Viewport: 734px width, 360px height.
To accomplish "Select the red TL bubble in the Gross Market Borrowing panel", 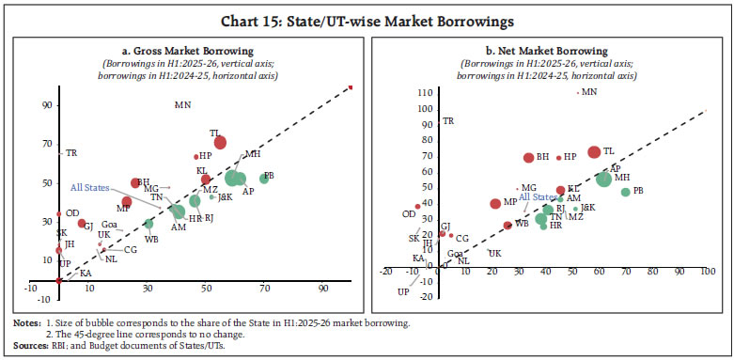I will click(x=220, y=142).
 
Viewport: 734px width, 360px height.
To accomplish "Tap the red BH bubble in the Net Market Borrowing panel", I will click(x=528, y=158).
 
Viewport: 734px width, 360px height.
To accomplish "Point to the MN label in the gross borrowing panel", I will click(x=182, y=104).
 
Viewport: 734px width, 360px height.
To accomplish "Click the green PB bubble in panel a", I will click(x=264, y=179).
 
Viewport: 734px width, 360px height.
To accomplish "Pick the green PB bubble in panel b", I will click(x=625, y=192).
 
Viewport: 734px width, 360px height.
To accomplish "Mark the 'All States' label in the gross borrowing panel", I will click(x=90, y=187).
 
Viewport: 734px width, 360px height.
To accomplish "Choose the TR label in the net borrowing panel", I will click(x=448, y=121).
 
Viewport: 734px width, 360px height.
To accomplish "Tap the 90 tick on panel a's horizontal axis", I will click(x=324, y=288).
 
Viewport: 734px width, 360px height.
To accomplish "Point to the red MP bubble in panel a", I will click(x=126, y=201).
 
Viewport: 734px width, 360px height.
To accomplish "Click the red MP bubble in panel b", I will click(x=495, y=203).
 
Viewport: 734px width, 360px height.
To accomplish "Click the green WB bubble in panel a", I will click(x=148, y=224).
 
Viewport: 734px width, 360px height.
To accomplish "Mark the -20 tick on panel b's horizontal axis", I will click(x=384, y=273).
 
